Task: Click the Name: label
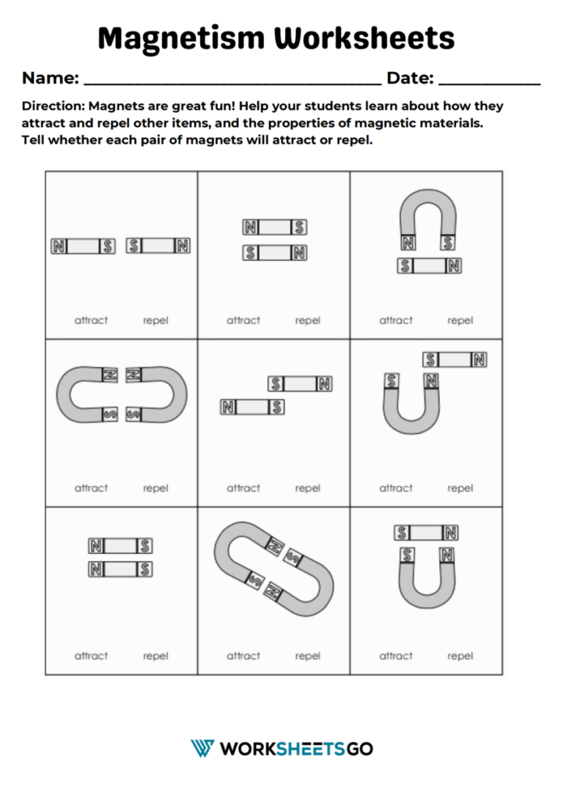pyautogui.click(x=51, y=78)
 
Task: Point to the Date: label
pyautogui.click(x=410, y=78)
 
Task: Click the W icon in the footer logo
pyautogui.click(x=202, y=749)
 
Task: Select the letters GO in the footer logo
pyautogui.click(x=359, y=749)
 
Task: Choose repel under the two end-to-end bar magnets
pyautogui.click(x=155, y=320)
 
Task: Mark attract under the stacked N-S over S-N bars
pyautogui.click(x=243, y=320)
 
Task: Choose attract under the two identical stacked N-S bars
pyautogui.click(x=91, y=656)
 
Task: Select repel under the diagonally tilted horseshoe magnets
pyautogui.click(x=308, y=656)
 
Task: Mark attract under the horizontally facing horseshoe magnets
pyautogui.click(x=91, y=488)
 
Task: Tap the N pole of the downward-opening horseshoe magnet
pyautogui.click(x=408, y=243)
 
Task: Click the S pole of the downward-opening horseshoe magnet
pyautogui.click(x=448, y=243)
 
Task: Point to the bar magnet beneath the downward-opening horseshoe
pyautogui.click(x=430, y=266)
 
